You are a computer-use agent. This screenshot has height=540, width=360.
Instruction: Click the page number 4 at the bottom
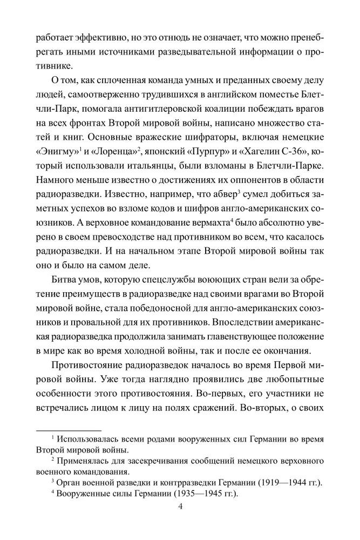tap(180, 508)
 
